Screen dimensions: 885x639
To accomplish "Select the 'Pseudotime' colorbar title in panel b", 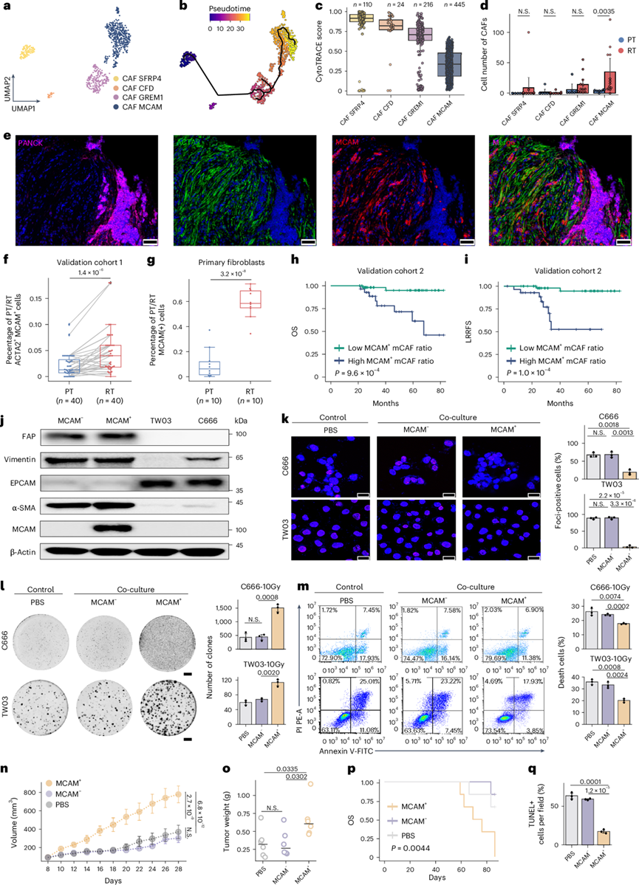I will (x=224, y=11).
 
